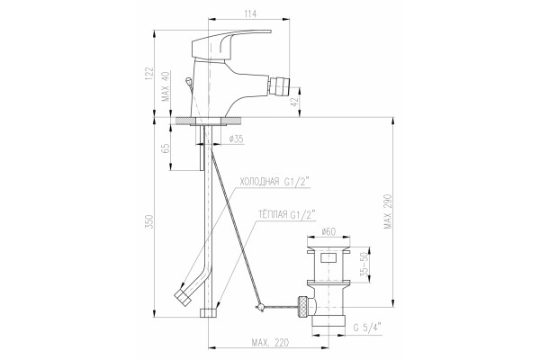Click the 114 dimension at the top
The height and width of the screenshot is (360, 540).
(x=250, y=13)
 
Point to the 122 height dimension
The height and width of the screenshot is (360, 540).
(x=148, y=74)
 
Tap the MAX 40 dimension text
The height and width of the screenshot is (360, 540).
(x=166, y=86)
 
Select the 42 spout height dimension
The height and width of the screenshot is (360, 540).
(x=293, y=102)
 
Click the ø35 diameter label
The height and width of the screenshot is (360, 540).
(x=236, y=139)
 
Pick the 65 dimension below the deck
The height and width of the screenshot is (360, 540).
(x=166, y=148)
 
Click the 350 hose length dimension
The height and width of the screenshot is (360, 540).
(x=148, y=222)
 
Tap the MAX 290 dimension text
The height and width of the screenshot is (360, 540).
(x=388, y=211)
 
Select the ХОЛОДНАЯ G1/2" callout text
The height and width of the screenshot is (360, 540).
(x=274, y=182)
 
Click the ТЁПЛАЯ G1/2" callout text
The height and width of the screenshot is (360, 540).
(x=287, y=214)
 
